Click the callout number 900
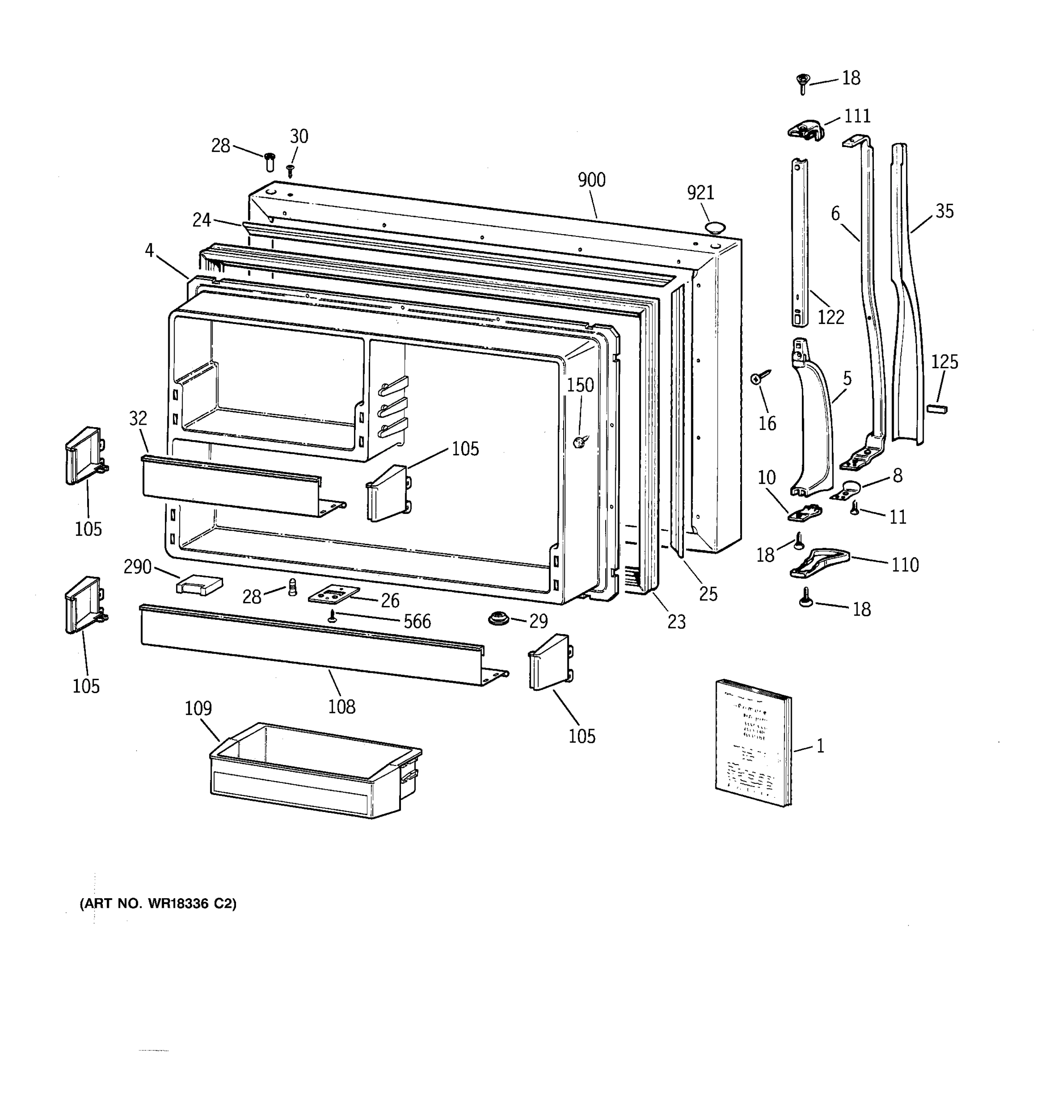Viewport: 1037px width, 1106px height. point(591,180)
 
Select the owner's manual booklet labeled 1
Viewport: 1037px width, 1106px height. point(753,743)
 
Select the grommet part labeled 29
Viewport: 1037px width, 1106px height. point(499,618)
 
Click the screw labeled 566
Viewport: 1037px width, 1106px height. point(333,615)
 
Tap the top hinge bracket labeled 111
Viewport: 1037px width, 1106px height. point(805,130)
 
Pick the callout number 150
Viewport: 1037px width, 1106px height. point(580,385)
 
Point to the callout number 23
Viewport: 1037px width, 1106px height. point(676,621)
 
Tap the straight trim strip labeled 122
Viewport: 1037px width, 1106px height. point(800,242)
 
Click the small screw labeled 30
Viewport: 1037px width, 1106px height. point(290,170)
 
